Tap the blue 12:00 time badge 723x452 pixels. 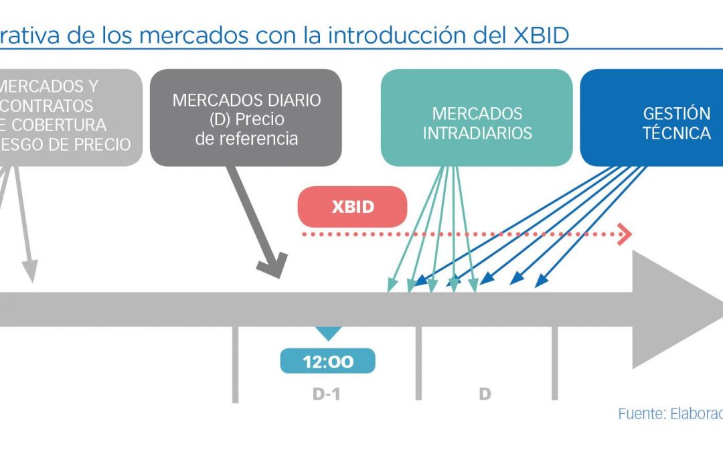point(327,362)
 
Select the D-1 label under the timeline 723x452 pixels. point(327,394)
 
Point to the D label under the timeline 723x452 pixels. point(485,394)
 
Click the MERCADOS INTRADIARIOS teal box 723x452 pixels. point(477,118)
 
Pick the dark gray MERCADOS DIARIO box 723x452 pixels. point(246,118)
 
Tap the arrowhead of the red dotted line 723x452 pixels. point(626,234)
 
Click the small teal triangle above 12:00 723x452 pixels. point(328,333)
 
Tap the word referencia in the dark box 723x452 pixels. point(246,139)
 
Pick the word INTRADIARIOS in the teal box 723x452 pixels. point(477,133)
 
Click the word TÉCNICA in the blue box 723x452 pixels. point(676,133)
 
